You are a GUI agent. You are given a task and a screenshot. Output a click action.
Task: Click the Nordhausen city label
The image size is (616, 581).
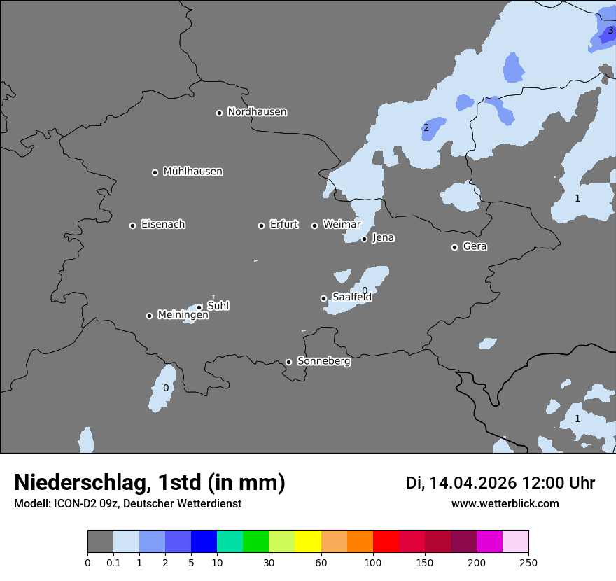coord(257,112)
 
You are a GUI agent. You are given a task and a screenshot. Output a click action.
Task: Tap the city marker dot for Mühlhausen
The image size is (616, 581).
coord(155,172)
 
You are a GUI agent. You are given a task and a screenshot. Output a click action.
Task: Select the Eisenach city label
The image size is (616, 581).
coord(163,225)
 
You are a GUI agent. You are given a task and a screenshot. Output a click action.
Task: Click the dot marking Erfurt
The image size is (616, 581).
coord(261,225)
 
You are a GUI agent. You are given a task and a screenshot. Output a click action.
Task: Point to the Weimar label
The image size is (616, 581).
coord(342,225)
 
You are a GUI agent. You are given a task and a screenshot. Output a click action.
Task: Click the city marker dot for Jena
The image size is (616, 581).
coord(364,239)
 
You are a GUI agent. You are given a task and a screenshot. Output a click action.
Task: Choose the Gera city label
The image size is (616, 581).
coord(475,246)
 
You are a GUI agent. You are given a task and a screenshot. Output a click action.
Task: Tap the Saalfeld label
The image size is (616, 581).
coord(351,297)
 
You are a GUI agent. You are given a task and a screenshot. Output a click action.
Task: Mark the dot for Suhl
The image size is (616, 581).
coord(199,307)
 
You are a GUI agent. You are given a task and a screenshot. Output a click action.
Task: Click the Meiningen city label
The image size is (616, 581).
coord(183,315)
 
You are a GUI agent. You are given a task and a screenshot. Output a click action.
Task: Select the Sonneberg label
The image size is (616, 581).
coord(323,361)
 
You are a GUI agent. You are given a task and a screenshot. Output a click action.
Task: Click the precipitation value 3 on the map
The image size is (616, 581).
coord(610,31)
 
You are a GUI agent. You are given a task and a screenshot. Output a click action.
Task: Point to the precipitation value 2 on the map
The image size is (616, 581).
coord(426,127)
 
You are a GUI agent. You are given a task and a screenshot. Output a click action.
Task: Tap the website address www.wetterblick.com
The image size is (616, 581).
coord(505,504)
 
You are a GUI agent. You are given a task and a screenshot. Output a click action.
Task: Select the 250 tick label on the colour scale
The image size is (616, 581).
coord(528,562)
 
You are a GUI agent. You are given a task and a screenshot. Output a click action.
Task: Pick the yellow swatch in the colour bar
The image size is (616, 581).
coord(308,542)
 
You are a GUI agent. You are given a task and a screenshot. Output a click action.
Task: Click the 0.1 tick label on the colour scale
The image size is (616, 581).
coord(113,562)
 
